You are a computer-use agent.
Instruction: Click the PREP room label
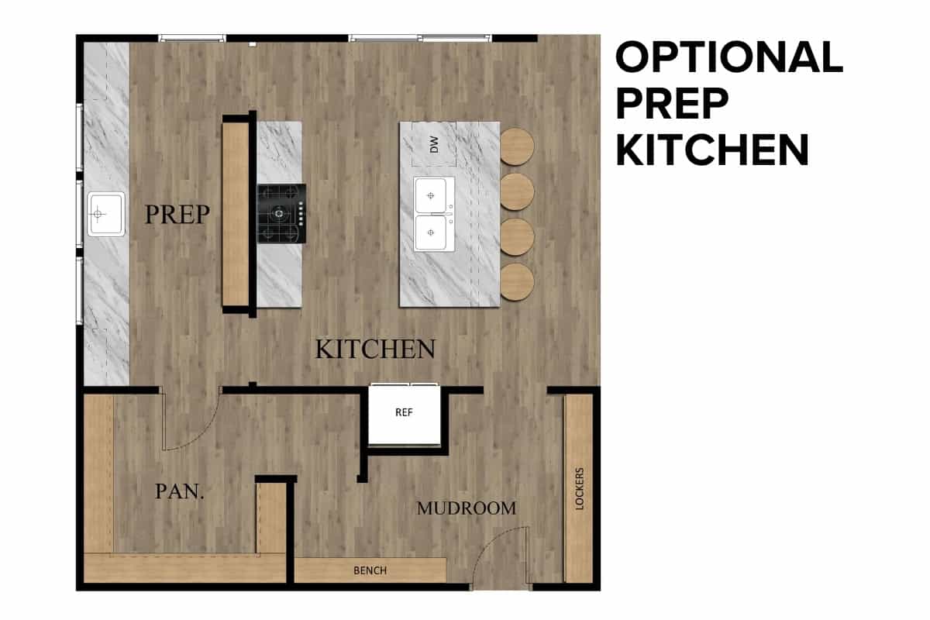pos(177,214)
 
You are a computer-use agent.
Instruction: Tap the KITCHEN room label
pos(375,349)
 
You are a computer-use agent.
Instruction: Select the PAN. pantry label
pos(180,491)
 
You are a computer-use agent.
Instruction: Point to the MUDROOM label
pos(467,508)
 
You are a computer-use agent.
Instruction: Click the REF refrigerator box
pos(405,415)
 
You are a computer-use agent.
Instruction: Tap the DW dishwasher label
pos(434,144)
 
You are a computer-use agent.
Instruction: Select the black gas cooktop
pos(281,213)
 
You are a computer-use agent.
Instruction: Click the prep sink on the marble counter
pos(106,214)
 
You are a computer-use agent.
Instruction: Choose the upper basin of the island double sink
pos(431,195)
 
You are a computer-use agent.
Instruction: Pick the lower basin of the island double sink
pos(431,232)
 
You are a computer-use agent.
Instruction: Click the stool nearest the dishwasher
pos(516,146)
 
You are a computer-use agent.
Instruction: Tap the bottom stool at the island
pos(516,282)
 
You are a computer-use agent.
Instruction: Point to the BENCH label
pos(370,570)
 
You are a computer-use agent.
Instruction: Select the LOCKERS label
pos(580,489)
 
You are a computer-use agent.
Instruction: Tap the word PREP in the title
pos(671,103)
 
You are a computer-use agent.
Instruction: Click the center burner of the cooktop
pos(279,214)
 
